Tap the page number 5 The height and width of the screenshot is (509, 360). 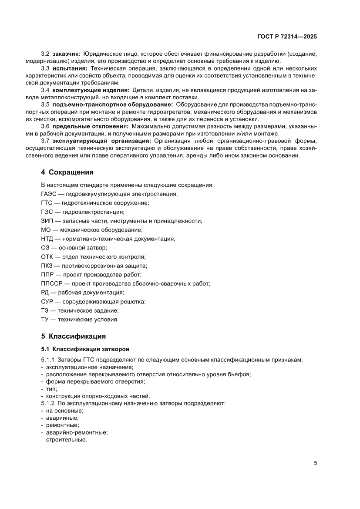pos(315,463)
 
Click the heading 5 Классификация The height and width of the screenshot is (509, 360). pos(73,336)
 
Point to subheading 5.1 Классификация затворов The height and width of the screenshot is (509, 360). pos(85,349)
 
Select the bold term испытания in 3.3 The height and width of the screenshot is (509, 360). pos(70,69)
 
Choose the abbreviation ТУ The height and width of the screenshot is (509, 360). pos(45,319)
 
